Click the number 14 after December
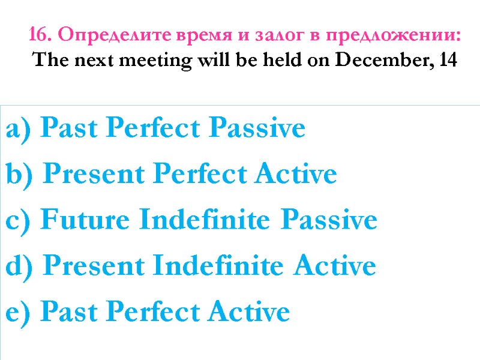(x=448, y=61)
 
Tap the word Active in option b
(x=294, y=175)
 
